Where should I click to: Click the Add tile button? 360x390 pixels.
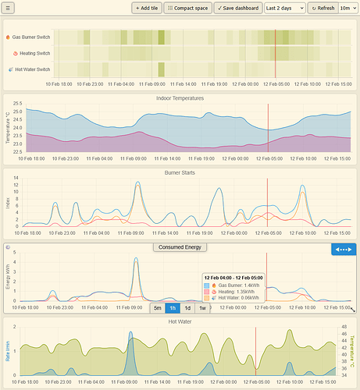pos(146,8)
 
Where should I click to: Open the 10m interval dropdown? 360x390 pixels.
pos(348,8)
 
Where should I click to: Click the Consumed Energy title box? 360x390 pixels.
pos(180,247)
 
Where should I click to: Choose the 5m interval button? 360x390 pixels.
pos(158,307)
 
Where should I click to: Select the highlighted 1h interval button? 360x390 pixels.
pos(173,307)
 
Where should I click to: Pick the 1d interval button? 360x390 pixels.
pos(187,307)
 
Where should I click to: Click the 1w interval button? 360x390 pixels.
pos(202,307)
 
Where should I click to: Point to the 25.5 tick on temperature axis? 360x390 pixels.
pos(17,104)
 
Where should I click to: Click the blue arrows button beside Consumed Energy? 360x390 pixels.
pos(344,249)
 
